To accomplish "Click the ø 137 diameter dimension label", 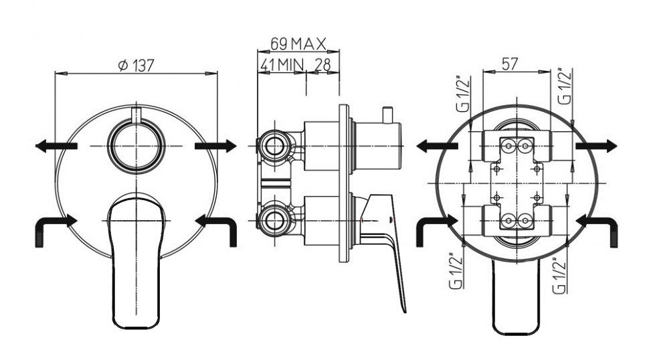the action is pyautogui.click(x=136, y=66).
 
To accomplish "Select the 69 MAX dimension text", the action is pyautogui.click(x=298, y=43).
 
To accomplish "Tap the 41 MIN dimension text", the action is pyautogui.click(x=282, y=64).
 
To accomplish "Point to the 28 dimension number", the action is pyautogui.click(x=323, y=64).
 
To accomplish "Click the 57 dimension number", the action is pyautogui.click(x=510, y=64).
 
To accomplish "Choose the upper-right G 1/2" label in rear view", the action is pyautogui.click(x=565, y=86).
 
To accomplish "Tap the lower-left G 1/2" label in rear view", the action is pyautogui.click(x=456, y=270).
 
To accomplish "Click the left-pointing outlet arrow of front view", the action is pyautogui.click(x=56, y=146).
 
